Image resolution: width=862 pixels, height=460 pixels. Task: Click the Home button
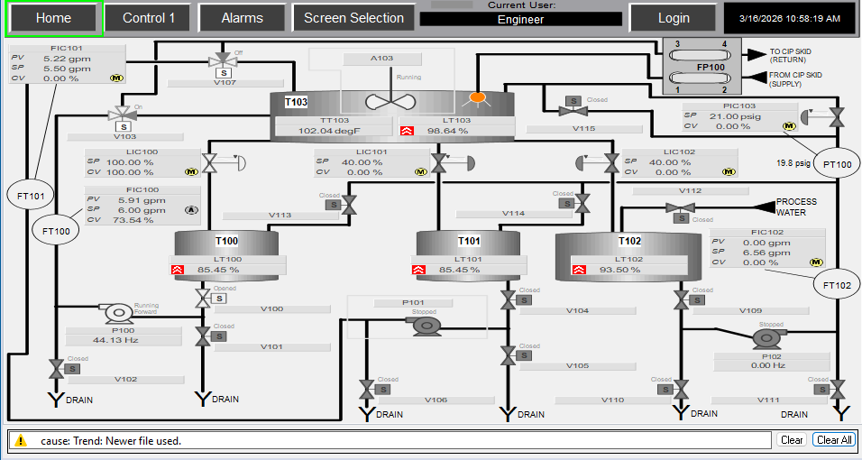pos(53,18)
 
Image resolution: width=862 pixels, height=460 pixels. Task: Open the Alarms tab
pos(242,18)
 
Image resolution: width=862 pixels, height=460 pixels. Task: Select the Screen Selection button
pos(353,18)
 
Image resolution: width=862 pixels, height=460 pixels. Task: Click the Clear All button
pos(832,440)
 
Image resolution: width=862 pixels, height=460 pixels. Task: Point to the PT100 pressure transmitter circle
pos(838,164)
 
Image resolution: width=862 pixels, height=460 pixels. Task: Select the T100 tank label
pos(227,242)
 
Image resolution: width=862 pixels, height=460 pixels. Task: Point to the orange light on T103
pos(479,97)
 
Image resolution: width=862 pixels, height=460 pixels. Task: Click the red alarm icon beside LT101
pos(419,270)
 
